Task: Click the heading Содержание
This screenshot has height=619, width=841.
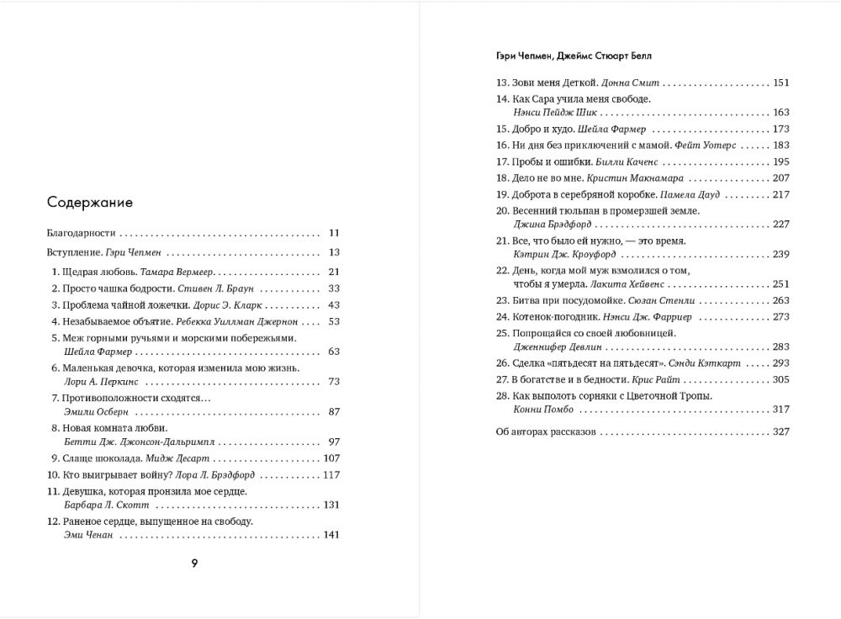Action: coord(90,202)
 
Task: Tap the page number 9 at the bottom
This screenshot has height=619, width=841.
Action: coord(194,563)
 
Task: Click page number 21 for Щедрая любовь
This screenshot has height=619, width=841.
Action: coord(333,271)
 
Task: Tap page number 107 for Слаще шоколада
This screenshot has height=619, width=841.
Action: coord(331,458)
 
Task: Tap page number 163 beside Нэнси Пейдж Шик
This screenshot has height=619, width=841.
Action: coord(780,112)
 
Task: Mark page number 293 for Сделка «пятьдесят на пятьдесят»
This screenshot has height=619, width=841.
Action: coord(780,363)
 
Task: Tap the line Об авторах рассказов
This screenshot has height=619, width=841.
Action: coord(546,431)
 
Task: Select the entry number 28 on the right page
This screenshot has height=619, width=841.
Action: coord(503,395)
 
